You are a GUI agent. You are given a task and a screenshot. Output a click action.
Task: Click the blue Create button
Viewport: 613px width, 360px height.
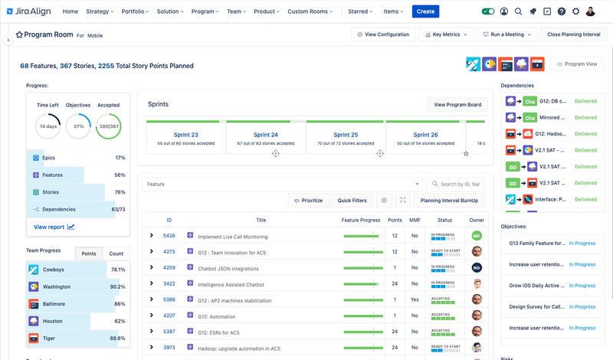point(425,11)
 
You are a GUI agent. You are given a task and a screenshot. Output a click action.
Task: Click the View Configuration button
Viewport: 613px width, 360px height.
point(384,34)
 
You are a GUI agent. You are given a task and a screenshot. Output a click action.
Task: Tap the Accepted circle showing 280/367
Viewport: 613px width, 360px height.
point(108,126)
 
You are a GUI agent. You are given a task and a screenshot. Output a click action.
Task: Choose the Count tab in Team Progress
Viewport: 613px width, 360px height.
point(116,254)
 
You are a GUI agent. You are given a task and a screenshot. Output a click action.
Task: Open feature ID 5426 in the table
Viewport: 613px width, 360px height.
point(169,236)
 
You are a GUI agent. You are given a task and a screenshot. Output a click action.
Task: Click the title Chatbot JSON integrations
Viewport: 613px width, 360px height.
point(228,268)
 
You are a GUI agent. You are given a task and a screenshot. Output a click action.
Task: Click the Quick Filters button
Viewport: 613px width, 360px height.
point(352,200)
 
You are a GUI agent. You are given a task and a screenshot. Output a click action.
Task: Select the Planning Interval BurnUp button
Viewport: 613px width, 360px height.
point(449,200)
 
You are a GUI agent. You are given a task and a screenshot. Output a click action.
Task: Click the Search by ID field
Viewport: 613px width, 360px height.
point(460,184)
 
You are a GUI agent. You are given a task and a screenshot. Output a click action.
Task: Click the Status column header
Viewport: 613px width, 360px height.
point(444,220)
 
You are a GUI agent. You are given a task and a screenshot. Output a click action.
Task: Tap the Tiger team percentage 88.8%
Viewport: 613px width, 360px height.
point(117,338)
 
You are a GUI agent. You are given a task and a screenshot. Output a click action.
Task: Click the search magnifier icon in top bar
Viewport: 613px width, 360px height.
point(519,11)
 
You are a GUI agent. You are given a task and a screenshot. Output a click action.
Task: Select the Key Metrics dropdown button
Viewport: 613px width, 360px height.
point(447,34)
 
